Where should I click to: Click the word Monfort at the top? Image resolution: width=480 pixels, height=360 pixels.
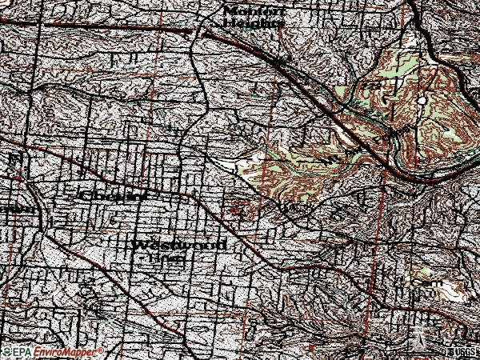pos(254,10)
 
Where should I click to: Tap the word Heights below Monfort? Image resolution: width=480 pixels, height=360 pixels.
pos(254,23)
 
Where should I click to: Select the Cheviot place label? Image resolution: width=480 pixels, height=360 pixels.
pos(115,195)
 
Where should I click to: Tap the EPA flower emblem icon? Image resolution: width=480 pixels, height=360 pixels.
pos(7,352)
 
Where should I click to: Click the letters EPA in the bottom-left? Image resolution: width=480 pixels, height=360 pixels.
pos(21,352)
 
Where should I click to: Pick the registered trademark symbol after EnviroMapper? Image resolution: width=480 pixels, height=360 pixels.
pos(99,350)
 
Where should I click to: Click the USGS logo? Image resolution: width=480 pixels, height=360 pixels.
pos(464,353)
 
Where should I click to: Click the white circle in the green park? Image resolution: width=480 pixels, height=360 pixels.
pos(421,101)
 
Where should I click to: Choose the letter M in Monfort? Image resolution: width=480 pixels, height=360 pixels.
pos(231,10)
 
